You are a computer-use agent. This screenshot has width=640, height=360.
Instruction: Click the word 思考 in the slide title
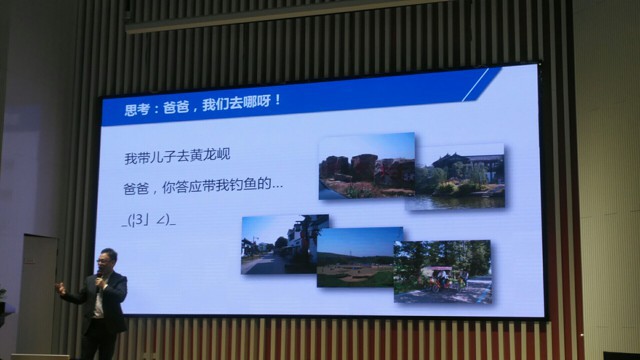click(137, 109)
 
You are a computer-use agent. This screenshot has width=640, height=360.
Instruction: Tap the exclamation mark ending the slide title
click(278, 100)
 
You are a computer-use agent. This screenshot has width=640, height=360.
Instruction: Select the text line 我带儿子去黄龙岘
click(178, 156)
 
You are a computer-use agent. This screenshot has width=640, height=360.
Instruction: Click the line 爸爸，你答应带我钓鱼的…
click(203, 186)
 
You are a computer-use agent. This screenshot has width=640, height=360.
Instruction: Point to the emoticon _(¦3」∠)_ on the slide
click(149, 220)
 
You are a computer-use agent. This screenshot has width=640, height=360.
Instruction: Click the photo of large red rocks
click(367, 166)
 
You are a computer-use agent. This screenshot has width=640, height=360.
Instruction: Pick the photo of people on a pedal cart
click(443, 271)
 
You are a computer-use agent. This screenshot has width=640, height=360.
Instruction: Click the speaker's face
click(107, 262)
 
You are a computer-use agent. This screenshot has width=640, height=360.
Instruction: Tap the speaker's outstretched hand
click(60, 289)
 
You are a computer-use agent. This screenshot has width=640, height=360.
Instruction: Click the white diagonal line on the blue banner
click(475, 84)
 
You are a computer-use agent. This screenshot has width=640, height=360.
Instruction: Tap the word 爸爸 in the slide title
click(176, 107)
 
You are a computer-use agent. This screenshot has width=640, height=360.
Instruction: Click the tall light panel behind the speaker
click(38, 294)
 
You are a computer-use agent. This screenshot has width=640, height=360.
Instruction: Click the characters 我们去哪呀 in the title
click(236, 103)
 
